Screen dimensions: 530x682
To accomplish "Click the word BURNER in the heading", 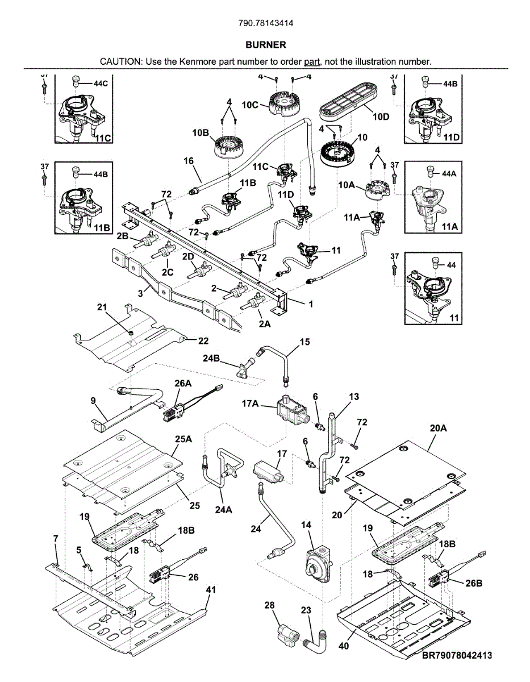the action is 266,45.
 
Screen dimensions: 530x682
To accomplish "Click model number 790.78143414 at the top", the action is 266,23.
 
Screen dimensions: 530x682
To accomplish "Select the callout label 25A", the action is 183,439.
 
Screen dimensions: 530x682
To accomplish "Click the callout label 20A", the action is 438,428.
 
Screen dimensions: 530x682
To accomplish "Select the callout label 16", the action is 189,161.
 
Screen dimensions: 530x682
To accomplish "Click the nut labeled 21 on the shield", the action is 130,332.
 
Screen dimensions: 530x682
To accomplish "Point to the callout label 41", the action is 211,590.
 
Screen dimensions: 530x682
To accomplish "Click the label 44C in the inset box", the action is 101,84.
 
